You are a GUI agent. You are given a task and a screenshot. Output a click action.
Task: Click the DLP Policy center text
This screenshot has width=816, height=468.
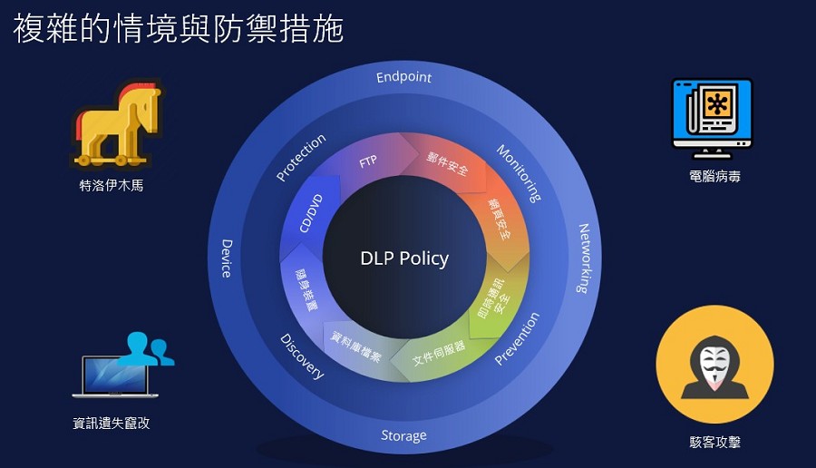pos(404,258)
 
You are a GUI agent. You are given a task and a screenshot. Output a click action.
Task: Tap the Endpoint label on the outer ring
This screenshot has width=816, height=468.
pos(404,78)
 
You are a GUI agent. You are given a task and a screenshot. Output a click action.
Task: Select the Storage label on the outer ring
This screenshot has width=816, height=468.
pos(403,435)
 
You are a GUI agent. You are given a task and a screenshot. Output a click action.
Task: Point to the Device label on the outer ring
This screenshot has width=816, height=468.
pos(227,258)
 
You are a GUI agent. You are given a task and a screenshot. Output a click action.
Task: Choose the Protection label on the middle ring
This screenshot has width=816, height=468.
pos(301,158)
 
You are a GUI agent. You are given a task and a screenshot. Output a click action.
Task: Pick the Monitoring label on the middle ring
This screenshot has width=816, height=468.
pos(519,172)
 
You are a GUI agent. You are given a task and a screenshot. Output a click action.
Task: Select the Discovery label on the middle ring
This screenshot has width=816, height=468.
pos(302,356)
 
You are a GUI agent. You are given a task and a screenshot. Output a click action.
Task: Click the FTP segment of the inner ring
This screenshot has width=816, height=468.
pos(368,162)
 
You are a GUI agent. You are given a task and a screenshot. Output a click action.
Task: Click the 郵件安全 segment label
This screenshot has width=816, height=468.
pos(447,164)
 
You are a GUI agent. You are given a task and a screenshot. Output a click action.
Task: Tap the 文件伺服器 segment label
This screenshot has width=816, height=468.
pos(439,353)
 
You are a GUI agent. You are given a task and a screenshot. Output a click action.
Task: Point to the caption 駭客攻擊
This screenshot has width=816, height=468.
pos(714,443)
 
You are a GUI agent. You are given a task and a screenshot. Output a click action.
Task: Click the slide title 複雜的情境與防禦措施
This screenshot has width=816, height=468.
pos(178,28)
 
